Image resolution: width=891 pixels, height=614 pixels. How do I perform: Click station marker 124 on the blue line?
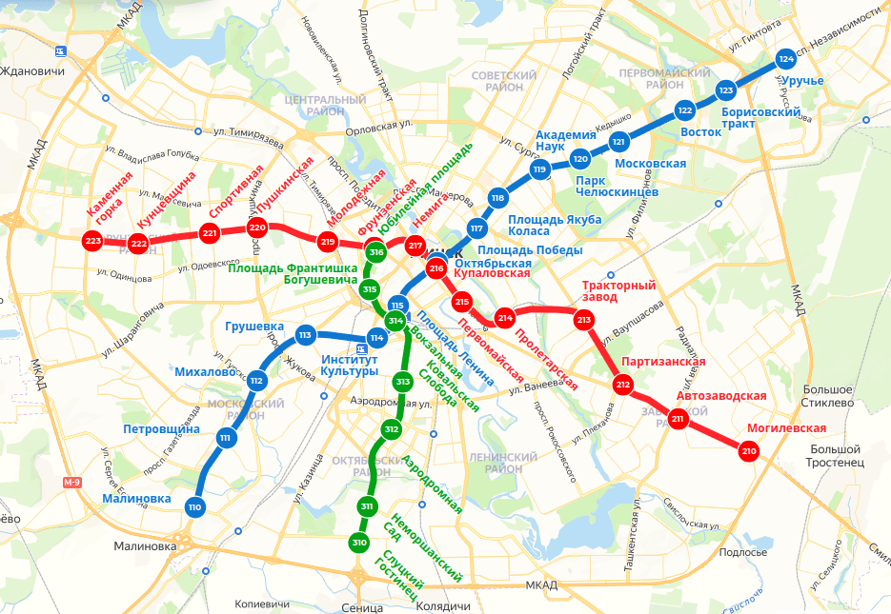pos(786,59)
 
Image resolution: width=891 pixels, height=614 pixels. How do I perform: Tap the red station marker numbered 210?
pos(748,451)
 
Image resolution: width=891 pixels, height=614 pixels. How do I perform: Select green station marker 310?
pos(359,543)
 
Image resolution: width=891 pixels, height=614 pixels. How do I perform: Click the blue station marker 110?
pos(195,507)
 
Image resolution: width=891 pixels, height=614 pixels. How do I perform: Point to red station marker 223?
pos(92,241)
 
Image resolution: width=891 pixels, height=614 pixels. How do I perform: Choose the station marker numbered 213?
pos(583,320)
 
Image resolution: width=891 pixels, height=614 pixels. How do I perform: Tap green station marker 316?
pos(375,252)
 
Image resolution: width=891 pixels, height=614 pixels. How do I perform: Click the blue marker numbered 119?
pos(539,170)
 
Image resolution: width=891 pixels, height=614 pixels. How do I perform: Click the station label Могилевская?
pos(786,427)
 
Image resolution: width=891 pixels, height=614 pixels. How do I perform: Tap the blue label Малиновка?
pos(138,498)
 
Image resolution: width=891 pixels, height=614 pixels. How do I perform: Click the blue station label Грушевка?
pos(253,327)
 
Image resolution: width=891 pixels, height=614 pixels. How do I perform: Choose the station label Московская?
pos(651,164)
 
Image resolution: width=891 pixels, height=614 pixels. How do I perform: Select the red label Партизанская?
pos(663,362)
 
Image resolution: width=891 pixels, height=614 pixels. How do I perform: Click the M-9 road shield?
pos(72,483)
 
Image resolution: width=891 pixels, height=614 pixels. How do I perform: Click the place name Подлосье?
pos(743,552)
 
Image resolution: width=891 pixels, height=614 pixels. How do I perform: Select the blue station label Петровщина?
pos(161,428)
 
